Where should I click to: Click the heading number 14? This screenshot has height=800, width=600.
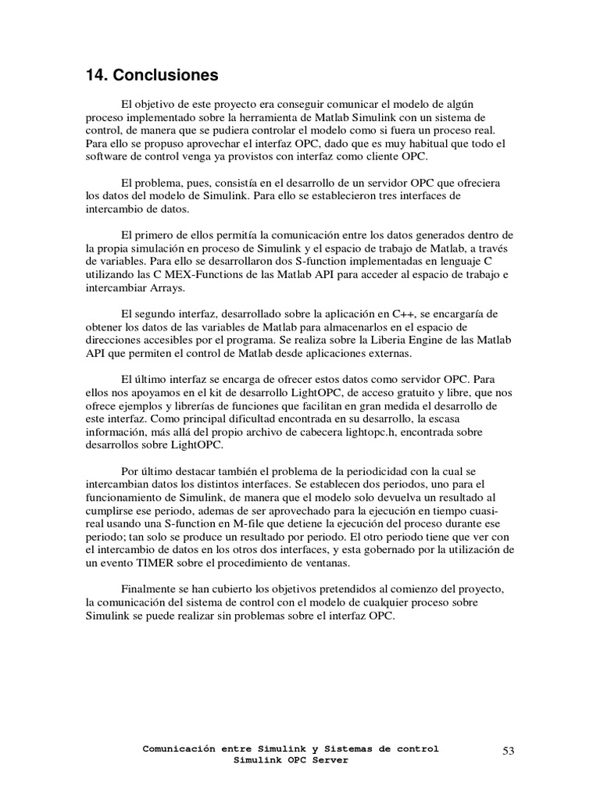pos(96,77)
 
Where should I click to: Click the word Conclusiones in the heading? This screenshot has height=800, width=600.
pos(166,77)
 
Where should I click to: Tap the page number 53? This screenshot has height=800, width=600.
pos(508,751)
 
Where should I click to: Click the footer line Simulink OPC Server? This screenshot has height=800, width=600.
pos(291,760)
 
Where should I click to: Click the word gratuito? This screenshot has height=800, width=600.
pos(406,393)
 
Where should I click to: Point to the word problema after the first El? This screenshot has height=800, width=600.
pos(159,182)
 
